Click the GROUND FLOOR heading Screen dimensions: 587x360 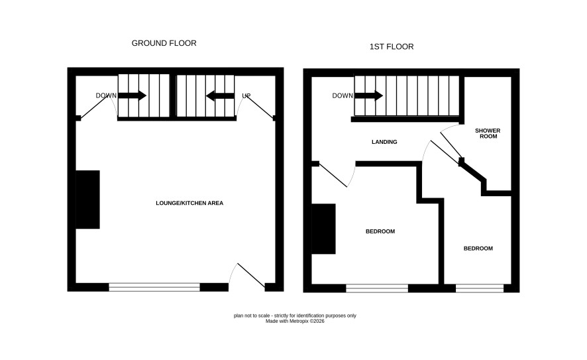pyautogui.click(x=164, y=44)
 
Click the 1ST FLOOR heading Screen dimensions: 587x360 pyautogui.click(x=392, y=47)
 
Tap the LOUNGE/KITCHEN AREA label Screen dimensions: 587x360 pyautogui.click(x=189, y=203)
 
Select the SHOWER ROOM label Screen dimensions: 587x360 pyautogui.click(x=488, y=133)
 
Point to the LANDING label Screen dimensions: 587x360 pyautogui.click(x=384, y=142)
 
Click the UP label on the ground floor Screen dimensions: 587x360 pyautogui.click(x=246, y=96)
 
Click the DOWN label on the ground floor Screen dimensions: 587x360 pyautogui.click(x=106, y=96)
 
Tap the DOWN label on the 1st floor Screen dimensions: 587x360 pyautogui.click(x=343, y=96)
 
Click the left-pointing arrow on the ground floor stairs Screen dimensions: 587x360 pyautogui.click(x=220, y=96)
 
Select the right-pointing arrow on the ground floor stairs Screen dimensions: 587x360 pyautogui.click(x=132, y=95)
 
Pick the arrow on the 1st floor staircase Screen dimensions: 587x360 pyautogui.click(x=369, y=95)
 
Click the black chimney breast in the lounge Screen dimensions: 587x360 pyautogui.click(x=87, y=200)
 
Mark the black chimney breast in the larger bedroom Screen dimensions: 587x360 pyautogui.click(x=323, y=229)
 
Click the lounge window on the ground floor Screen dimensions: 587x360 pyautogui.click(x=154, y=287)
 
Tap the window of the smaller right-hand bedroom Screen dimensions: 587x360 pyautogui.click(x=480, y=288)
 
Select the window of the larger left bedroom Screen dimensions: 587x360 pyautogui.click(x=377, y=288)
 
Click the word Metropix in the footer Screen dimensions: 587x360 pyautogui.click(x=299, y=321)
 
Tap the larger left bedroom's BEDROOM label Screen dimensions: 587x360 pyautogui.click(x=380, y=231)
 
